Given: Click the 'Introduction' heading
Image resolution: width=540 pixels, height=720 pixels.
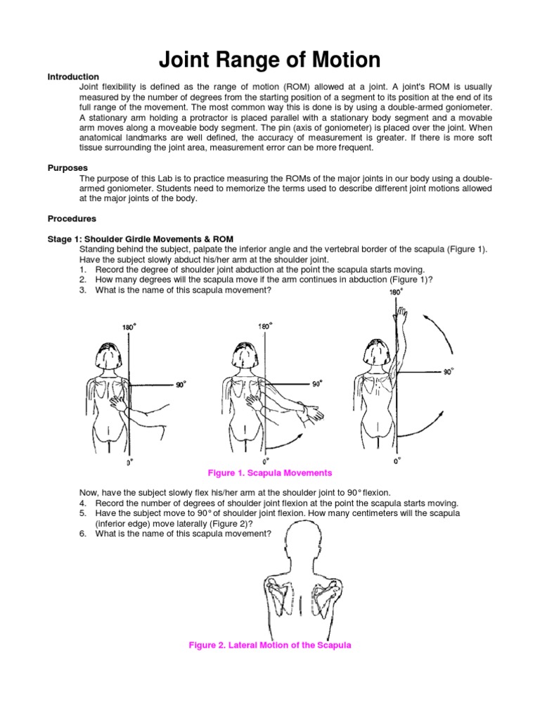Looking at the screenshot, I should click(73, 77).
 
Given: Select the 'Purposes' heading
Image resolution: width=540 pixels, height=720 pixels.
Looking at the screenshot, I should click(67, 169).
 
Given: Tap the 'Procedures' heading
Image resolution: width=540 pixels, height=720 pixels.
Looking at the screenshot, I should click(72, 219).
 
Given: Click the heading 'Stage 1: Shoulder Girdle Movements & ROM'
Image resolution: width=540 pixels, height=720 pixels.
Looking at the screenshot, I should click(141, 239).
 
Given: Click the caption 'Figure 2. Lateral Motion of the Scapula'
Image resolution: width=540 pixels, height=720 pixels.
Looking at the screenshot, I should click(270, 645).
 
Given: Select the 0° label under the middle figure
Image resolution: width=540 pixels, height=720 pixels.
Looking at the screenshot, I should click(264, 462).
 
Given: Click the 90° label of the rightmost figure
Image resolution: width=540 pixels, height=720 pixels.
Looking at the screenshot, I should click(448, 371).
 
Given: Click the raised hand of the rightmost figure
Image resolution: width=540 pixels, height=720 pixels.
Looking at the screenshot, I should click(401, 311).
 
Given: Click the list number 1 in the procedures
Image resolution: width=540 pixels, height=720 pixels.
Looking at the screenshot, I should click(82, 270).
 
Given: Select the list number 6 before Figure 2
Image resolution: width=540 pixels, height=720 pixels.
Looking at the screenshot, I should click(82, 534).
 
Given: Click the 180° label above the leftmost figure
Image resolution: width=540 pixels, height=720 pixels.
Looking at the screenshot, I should click(128, 327).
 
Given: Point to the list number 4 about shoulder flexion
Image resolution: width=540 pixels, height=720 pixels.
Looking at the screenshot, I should click(82, 503).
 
